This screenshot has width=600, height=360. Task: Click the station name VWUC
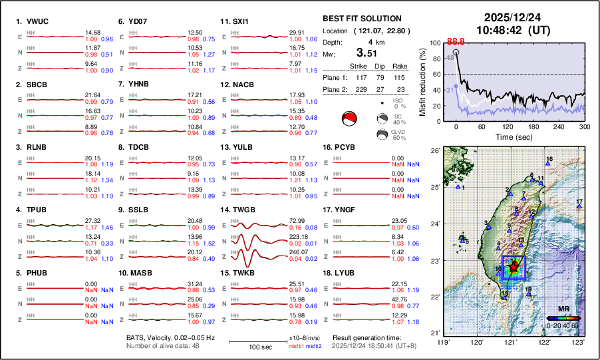click(36, 21)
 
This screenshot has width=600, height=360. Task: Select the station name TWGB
click(243, 210)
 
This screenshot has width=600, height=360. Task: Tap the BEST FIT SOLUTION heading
click(361, 19)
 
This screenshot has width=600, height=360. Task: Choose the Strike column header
click(359, 66)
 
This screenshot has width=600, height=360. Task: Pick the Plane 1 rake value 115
click(399, 77)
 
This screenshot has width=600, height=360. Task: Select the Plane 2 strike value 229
click(359, 89)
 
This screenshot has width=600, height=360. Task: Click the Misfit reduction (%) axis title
click(422, 81)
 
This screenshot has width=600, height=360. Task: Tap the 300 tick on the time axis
click(585, 127)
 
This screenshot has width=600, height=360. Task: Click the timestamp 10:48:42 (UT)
click(512, 30)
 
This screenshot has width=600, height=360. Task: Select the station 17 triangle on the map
click(579, 207)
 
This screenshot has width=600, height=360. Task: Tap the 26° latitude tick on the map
click(434, 151)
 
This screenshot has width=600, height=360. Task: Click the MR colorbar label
click(563, 309)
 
